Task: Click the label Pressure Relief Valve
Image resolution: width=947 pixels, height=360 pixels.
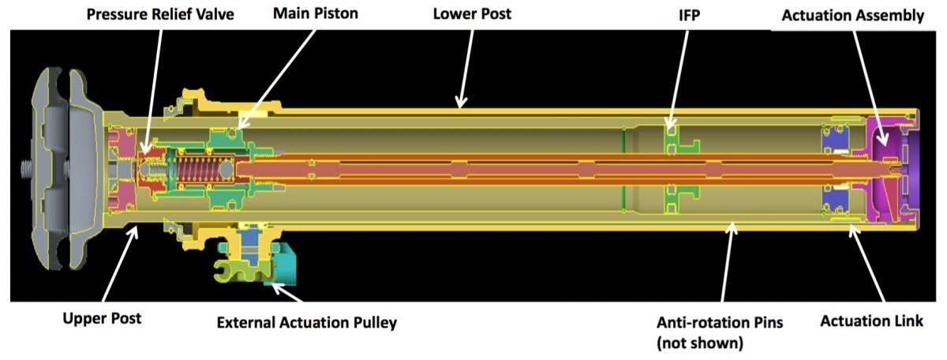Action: pos(160,15)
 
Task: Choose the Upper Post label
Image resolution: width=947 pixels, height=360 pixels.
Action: pos(102,319)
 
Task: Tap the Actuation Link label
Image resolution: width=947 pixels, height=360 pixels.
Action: pos(871,321)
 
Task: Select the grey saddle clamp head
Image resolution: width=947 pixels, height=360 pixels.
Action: pos(59,170)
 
